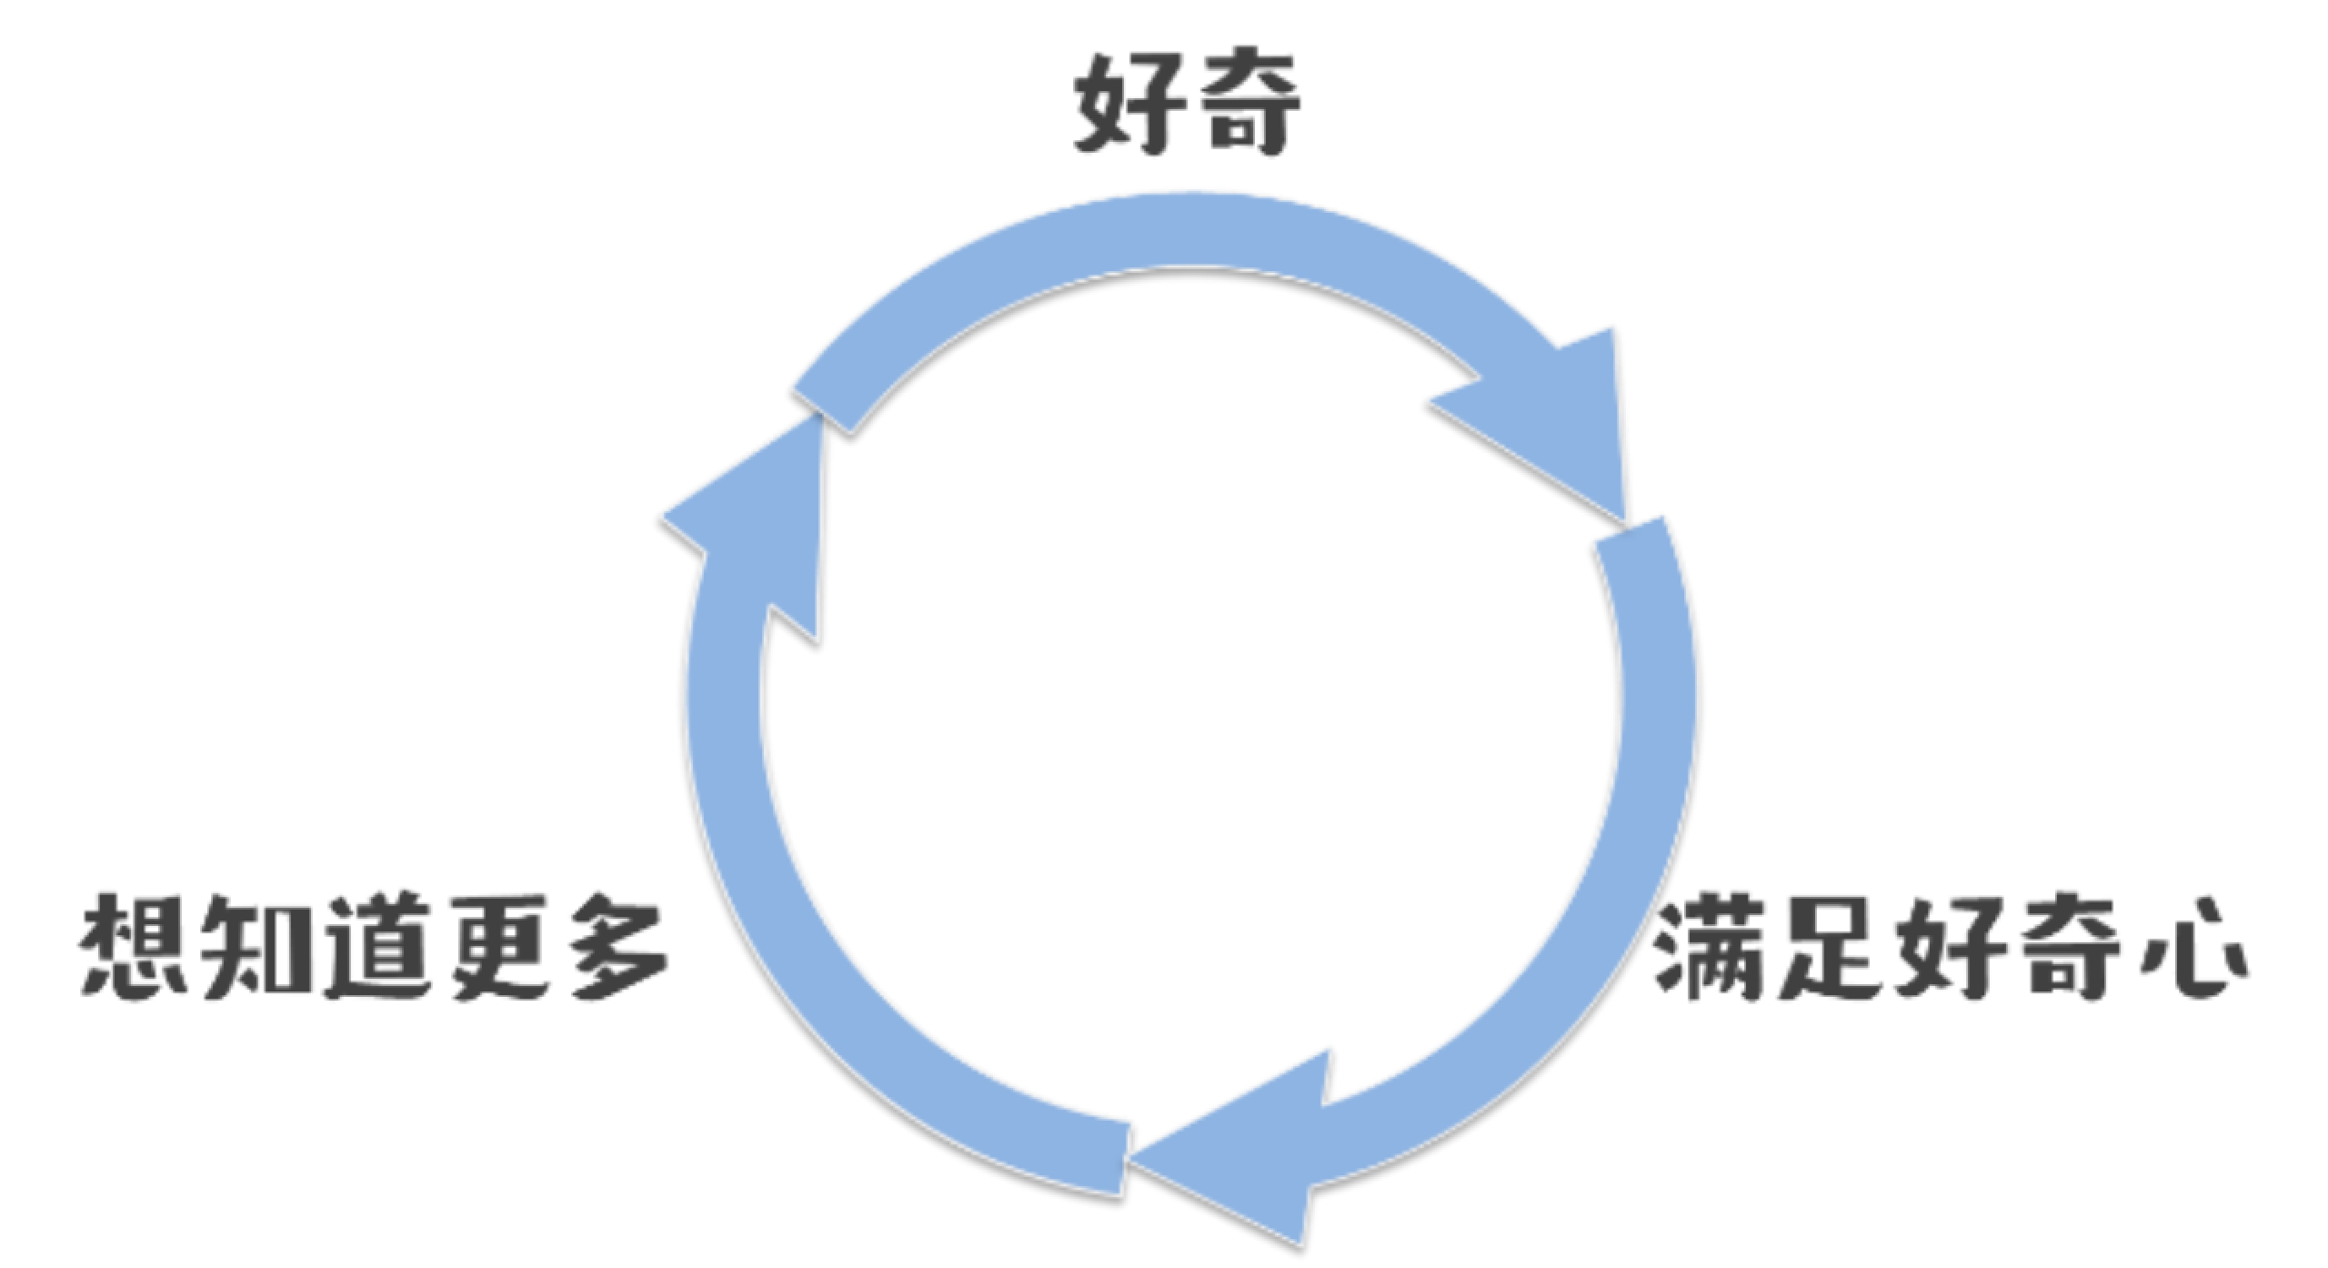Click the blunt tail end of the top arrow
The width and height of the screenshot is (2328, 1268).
pos(823,391)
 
